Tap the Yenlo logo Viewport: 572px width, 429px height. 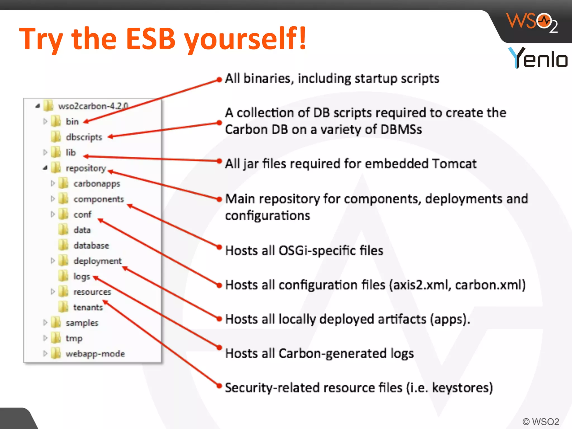pyautogui.click(x=537, y=58)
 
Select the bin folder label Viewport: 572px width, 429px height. pyautogui.click(x=72, y=121)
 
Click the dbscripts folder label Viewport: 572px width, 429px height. pyautogui.click(x=84, y=137)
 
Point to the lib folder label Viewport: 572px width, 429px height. pyautogui.click(x=71, y=152)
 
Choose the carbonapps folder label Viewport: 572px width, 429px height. pyautogui.click(x=97, y=183)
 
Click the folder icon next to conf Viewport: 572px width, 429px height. pyautogui.click(x=64, y=214)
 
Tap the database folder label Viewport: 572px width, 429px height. pyautogui.click(x=91, y=246)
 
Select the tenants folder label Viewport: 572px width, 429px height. pyautogui.click(x=88, y=307)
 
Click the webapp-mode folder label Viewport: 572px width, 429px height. pyautogui.click(x=95, y=354)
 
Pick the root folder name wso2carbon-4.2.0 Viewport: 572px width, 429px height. pyautogui.click(x=93, y=106)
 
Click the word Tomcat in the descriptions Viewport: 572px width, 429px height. pyautogui.click(x=454, y=164)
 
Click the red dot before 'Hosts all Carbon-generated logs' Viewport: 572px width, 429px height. pyautogui.click(x=220, y=348)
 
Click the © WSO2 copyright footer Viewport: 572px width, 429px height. pyautogui.click(x=540, y=421)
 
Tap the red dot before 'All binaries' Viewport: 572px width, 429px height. pyautogui.click(x=220, y=80)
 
